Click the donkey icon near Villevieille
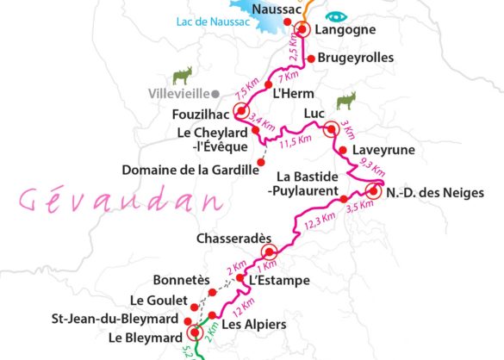coord(182,76)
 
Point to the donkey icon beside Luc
coord(346,100)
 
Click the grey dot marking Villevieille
coord(217,93)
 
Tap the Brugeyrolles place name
coord(356,59)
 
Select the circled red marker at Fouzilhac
coord(241,111)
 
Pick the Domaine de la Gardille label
coord(190,169)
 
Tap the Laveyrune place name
coord(384,150)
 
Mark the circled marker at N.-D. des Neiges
coord(373,191)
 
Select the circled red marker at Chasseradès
coord(268,252)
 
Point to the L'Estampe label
coord(272,280)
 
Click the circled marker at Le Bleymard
coord(194,332)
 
